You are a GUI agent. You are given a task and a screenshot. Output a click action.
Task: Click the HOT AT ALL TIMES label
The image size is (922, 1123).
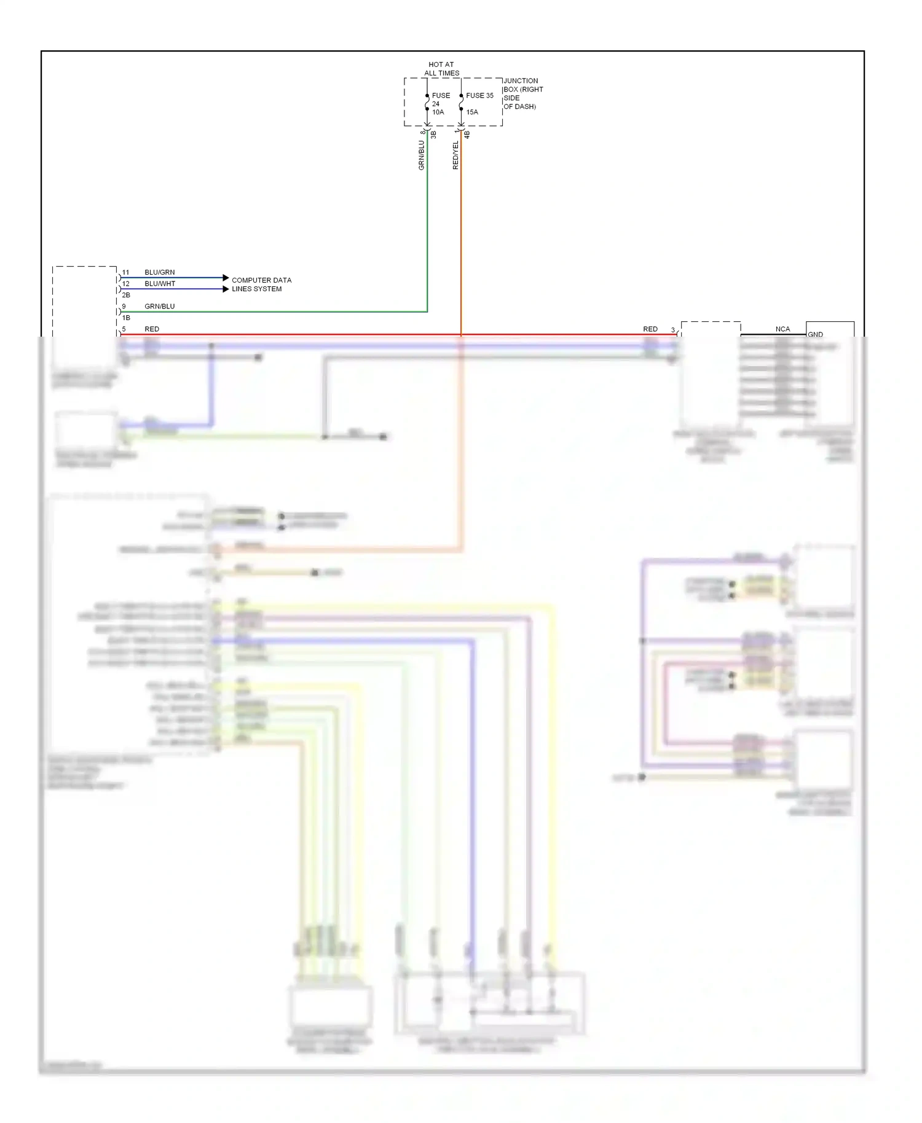441,68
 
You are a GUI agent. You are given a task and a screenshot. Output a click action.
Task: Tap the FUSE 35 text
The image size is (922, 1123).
479,95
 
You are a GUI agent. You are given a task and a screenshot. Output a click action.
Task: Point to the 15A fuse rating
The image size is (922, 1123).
472,112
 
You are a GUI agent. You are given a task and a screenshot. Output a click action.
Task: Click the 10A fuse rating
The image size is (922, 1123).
438,112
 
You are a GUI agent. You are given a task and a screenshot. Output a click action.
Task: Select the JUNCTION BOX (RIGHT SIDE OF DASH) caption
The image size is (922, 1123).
522,93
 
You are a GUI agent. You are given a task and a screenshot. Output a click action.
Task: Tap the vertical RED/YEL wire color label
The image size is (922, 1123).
455,155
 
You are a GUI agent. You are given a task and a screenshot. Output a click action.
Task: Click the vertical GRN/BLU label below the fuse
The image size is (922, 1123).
422,155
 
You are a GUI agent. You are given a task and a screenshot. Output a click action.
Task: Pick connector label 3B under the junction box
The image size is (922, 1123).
433,134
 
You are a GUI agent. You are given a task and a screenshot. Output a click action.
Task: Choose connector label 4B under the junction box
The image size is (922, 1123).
467,134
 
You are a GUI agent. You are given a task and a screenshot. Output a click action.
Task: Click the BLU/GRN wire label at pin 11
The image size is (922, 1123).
160,272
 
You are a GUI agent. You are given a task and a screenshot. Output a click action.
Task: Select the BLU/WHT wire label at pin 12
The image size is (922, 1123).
160,284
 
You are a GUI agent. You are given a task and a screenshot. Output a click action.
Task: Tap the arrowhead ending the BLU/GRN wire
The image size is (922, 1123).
226,278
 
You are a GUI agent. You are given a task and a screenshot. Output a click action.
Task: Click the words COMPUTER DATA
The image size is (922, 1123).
261,280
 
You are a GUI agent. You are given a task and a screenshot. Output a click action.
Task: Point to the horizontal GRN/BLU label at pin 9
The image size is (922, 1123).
160,306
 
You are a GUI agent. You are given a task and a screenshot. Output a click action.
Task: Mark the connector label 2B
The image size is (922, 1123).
126,295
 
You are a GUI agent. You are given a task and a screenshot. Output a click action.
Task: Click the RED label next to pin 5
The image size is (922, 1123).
152,329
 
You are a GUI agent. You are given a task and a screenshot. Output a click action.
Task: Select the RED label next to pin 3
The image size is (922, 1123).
650,329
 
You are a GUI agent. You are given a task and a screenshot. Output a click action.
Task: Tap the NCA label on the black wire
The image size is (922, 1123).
782,329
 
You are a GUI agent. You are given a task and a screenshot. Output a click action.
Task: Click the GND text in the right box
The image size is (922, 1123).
815,334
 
